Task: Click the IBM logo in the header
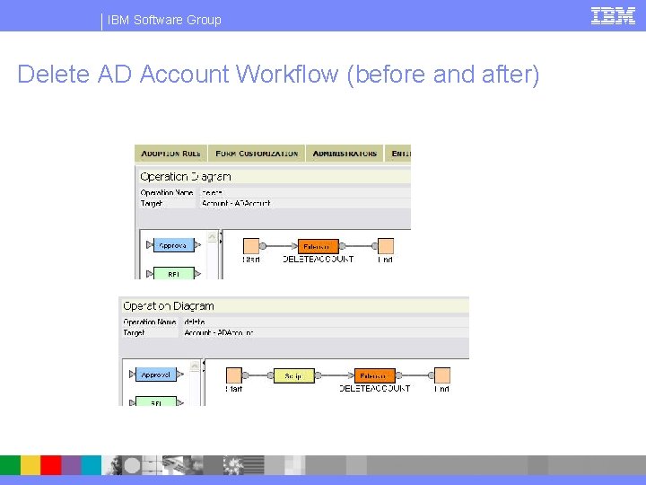pyautogui.click(x=613, y=15)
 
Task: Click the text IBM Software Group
pyautogui.click(x=164, y=20)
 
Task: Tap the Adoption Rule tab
pyautogui.click(x=170, y=154)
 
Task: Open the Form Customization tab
pyautogui.click(x=257, y=154)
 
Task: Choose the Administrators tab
pyautogui.click(x=345, y=154)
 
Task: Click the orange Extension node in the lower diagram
pyautogui.click(x=374, y=375)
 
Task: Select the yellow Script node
pyautogui.click(x=294, y=375)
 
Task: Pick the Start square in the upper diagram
pyautogui.click(x=252, y=245)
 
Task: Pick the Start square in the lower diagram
pyautogui.click(x=234, y=375)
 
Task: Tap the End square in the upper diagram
pyautogui.click(x=385, y=245)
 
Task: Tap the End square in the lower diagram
pyautogui.click(x=441, y=375)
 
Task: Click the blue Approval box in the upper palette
pyautogui.click(x=173, y=245)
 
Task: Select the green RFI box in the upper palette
pyautogui.click(x=173, y=273)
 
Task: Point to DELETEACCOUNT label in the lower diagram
pyautogui.click(x=374, y=389)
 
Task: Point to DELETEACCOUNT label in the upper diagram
pyautogui.click(x=319, y=260)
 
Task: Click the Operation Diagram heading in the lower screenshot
pyautogui.click(x=169, y=306)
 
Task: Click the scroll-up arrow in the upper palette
pyautogui.click(x=213, y=237)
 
